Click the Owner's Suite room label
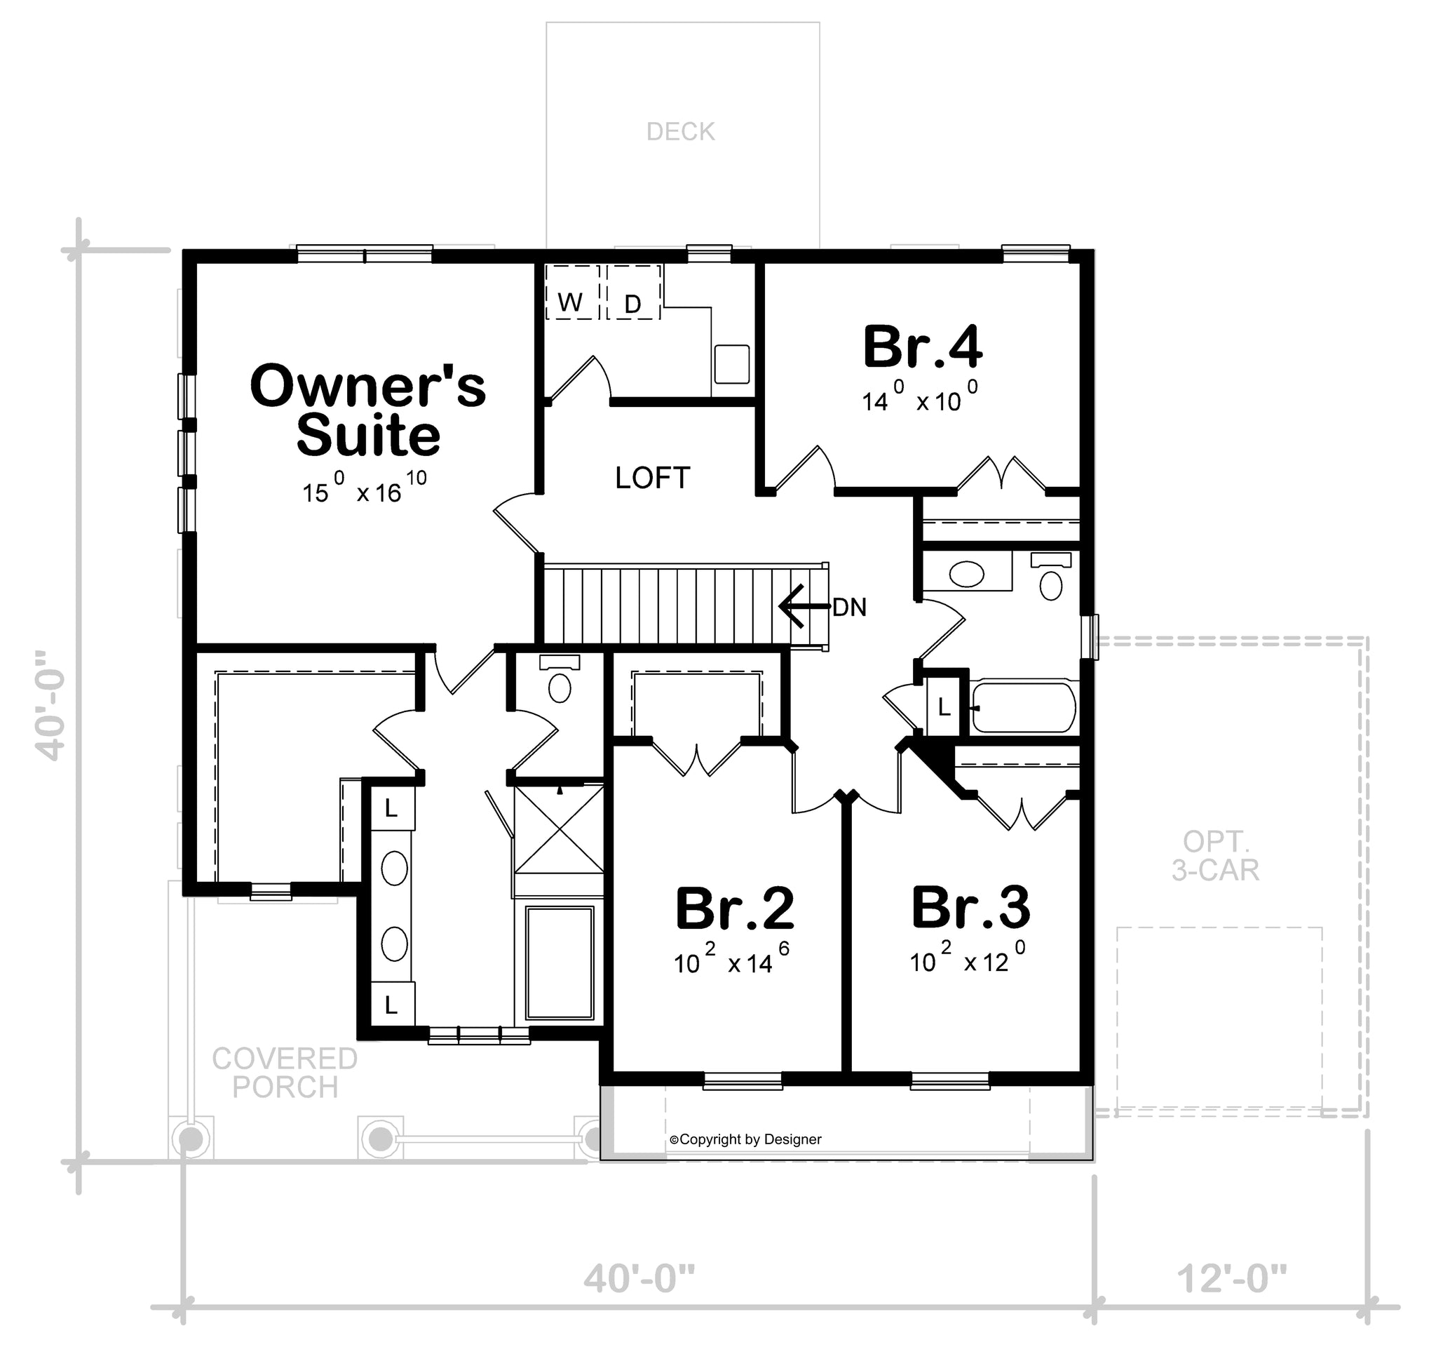368,410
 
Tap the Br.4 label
923,347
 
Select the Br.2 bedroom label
735,909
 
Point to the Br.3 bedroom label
971,907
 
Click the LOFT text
653,478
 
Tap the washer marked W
572,292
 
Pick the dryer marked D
633,292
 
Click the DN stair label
849,608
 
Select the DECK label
680,131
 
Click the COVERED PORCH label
285,1073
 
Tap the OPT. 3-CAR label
1216,856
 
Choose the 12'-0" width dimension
1232,1279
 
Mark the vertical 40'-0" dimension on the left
50,704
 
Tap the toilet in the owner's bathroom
560,680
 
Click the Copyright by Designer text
745,1139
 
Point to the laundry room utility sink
732,363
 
